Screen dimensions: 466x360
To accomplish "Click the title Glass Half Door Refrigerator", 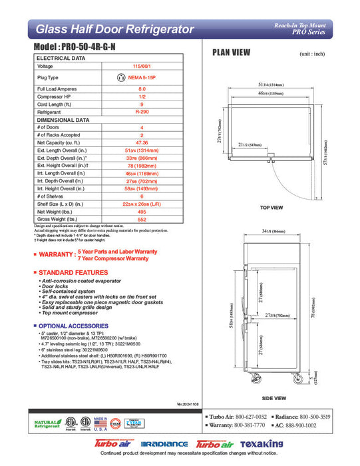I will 114,29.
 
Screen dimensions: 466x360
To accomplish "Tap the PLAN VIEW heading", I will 231,53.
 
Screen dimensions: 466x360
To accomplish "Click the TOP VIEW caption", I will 273,207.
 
